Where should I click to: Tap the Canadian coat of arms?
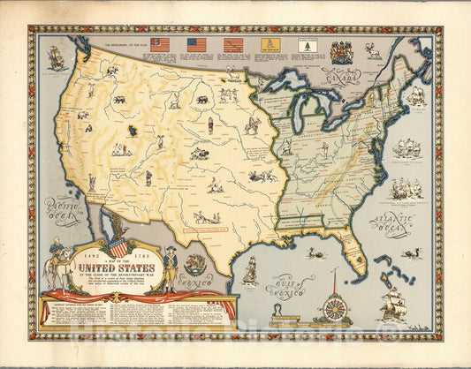pos(342,52)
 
